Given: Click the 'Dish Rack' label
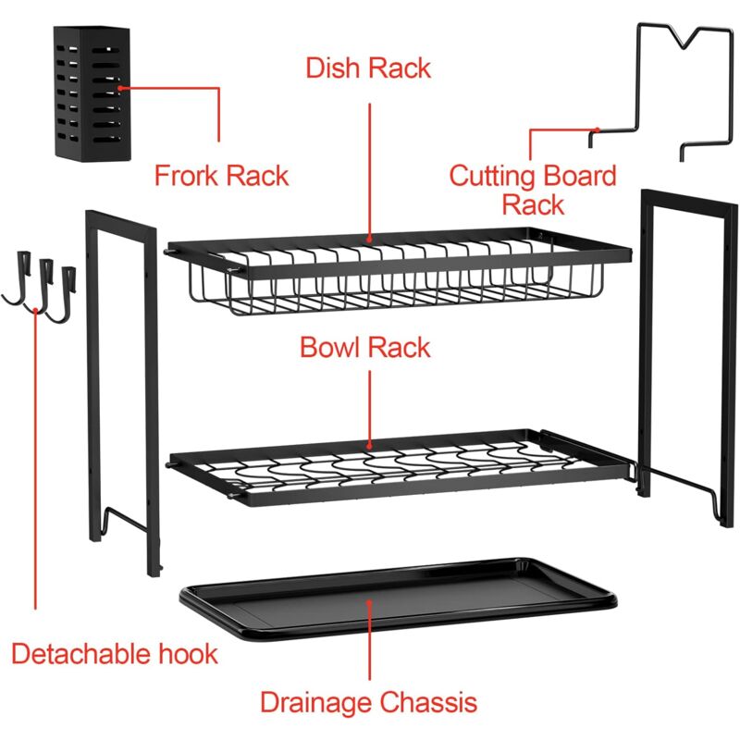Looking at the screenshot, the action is point(368,68).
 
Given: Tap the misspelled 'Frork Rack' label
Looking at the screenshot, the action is point(221,176).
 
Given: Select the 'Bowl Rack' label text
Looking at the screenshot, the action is point(365,348).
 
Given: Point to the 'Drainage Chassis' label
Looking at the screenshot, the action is point(368,702).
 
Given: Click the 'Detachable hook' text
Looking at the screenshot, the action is point(115,654).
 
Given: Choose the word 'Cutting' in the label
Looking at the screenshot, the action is point(492,177).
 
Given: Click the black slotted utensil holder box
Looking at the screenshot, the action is point(92,93).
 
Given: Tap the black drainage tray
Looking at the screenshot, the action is point(398,599).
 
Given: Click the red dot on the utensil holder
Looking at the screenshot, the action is point(120,88).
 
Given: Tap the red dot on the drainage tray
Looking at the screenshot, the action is point(369,603).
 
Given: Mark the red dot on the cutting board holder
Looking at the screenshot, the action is point(598,129).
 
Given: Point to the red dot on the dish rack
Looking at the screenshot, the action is point(369,240).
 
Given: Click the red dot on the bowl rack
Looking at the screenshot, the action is point(369,446).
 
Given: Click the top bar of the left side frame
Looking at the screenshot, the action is point(121,220).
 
